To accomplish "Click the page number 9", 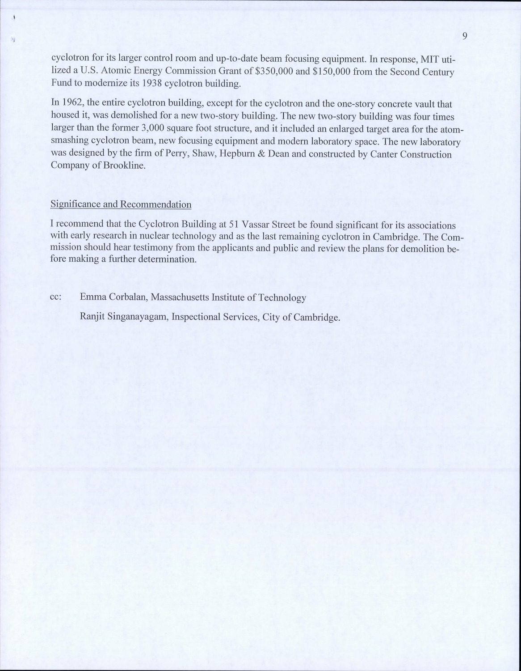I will tap(465, 36).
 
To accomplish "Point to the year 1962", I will tap(71, 104).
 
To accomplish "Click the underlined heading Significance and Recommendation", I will tap(121, 204).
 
